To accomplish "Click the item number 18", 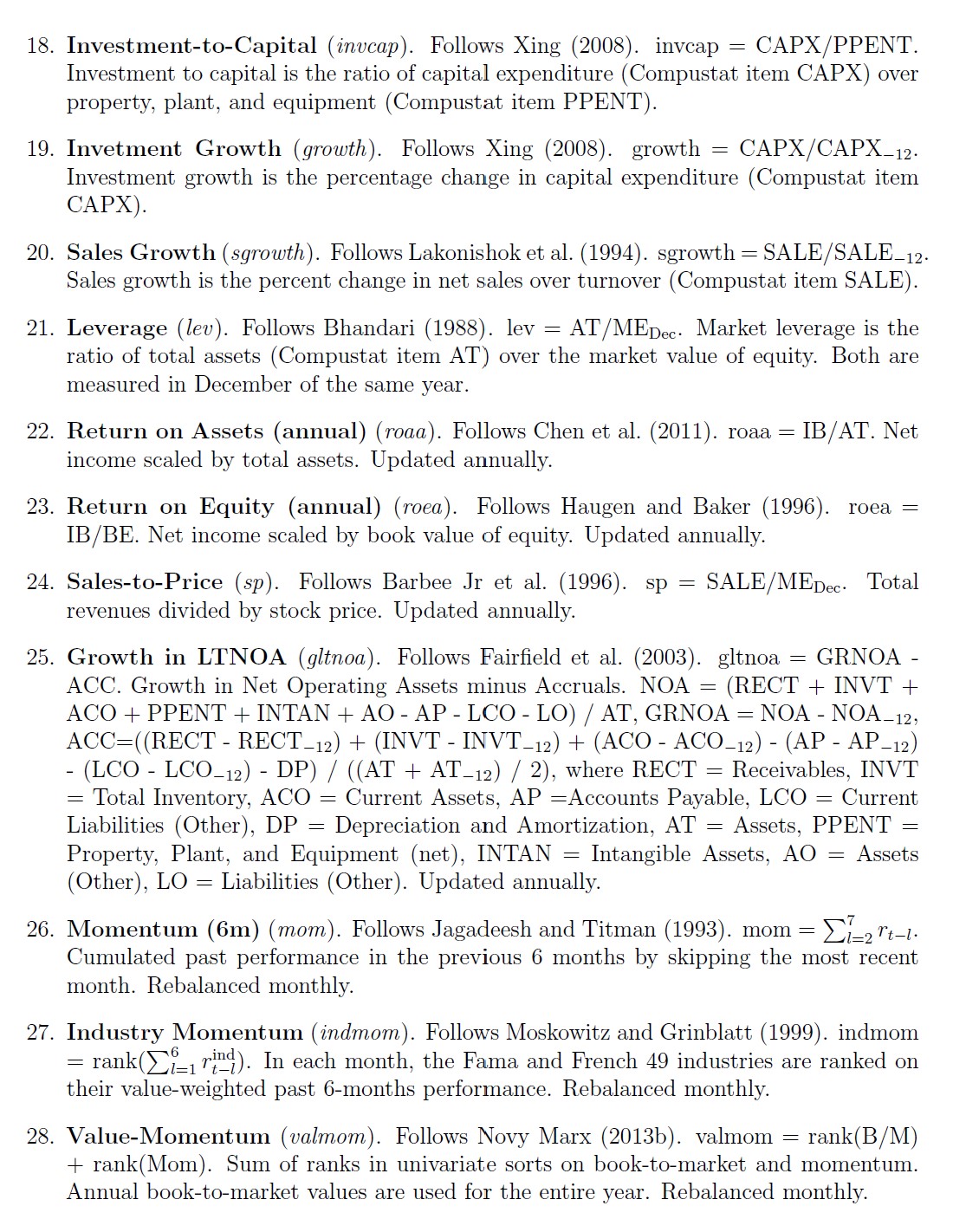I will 42,45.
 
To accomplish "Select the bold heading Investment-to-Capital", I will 191,45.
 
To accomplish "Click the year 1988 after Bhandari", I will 456,328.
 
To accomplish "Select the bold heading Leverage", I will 117,328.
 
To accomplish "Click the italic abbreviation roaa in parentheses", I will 406,431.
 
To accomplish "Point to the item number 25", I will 41,658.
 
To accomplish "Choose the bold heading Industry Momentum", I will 185,1033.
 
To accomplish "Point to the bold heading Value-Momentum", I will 168,1137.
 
